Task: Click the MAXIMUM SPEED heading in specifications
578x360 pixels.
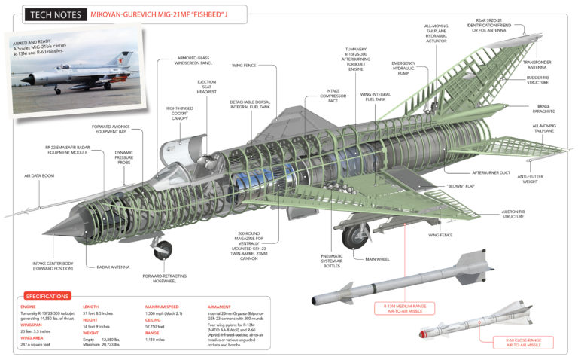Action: click(163, 307)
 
